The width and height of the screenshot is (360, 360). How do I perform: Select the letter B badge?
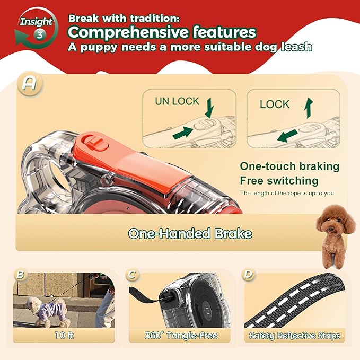[x=20, y=275]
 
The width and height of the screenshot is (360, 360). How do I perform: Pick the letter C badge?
[x=132, y=275]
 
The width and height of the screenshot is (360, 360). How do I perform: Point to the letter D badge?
[x=248, y=275]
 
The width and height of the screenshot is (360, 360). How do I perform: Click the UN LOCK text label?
[x=177, y=101]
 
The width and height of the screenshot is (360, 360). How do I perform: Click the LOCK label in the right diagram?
[x=275, y=104]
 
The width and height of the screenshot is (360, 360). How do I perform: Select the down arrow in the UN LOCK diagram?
[x=209, y=106]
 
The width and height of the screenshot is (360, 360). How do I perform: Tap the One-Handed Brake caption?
[x=190, y=233]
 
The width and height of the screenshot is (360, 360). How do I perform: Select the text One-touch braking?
[x=289, y=166]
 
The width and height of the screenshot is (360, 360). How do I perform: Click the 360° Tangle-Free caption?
[x=180, y=335]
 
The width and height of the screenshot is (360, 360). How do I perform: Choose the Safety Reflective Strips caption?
[x=295, y=335]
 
